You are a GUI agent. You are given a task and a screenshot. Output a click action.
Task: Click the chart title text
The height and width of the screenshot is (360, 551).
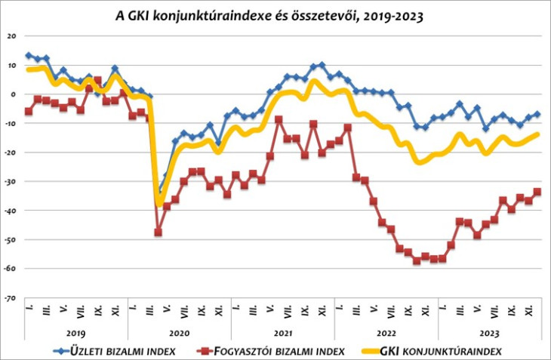[x=275, y=14]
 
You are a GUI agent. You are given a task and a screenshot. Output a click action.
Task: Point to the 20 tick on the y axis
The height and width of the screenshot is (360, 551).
[x=12, y=35]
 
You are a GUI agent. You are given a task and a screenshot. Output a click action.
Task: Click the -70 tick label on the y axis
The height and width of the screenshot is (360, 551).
[x=11, y=298]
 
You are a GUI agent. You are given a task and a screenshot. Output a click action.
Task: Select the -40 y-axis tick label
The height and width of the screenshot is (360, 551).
[x=11, y=211]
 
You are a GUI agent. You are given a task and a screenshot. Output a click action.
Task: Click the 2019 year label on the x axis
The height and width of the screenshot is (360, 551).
[x=76, y=331]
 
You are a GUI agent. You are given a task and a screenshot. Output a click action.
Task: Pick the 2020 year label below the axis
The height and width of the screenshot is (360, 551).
[x=179, y=331]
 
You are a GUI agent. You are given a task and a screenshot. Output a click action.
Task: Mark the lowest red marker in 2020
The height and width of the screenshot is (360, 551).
[x=158, y=232]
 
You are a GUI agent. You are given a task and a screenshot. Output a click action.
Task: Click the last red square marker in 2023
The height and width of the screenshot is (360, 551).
[x=537, y=192]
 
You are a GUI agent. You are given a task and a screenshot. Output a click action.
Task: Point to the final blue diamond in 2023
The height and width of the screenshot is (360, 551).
[x=537, y=114]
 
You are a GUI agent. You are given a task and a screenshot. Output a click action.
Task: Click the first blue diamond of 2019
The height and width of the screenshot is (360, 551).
[x=29, y=55]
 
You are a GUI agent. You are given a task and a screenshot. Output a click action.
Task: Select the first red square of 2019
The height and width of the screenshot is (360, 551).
[x=29, y=111]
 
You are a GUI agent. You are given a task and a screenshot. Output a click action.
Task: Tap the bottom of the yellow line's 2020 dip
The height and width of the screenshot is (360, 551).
[x=159, y=203]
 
